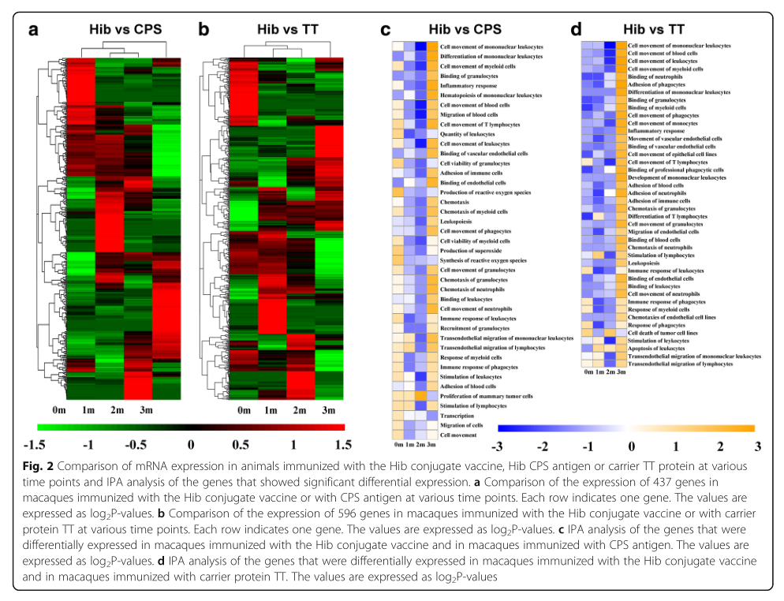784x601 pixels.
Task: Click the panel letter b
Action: pos(203,31)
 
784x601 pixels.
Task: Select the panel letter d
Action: pos(576,31)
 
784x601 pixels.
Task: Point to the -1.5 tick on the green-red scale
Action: pos(35,444)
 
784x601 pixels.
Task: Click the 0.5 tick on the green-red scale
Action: pos(242,444)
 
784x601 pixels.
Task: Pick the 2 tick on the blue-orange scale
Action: pos(719,446)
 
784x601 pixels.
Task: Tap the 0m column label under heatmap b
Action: pos(242,411)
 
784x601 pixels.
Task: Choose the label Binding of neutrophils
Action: pos(654,77)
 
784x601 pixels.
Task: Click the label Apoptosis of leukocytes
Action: pos(655,348)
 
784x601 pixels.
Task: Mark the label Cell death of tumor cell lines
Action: pos(662,332)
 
